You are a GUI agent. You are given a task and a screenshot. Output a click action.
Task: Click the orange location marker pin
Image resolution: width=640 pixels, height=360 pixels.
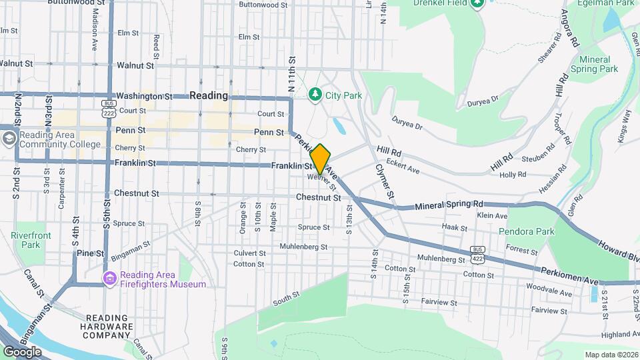320,159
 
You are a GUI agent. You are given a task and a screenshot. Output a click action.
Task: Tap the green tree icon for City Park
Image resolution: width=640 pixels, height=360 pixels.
316,95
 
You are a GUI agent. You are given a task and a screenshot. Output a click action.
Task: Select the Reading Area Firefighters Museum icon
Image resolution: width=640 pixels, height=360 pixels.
109,277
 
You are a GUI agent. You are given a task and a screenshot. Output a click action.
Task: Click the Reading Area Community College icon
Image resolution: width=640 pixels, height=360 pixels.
9,138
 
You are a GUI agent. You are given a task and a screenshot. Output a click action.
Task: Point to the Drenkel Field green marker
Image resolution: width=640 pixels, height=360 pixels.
477,4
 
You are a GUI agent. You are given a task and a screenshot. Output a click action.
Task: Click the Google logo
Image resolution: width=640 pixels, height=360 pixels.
22,351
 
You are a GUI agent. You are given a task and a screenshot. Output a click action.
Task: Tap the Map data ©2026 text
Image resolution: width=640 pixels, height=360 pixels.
611,354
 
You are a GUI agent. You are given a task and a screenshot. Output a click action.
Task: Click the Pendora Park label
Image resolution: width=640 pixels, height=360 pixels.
530,232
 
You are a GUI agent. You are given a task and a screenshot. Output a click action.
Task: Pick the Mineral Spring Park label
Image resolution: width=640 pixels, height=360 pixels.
595,64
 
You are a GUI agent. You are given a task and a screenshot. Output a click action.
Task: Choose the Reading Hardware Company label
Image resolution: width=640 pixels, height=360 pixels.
108,327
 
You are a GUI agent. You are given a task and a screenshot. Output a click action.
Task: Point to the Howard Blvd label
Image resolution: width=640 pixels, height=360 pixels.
619,251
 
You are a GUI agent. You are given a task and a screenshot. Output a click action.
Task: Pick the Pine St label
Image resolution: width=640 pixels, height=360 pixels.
90,253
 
